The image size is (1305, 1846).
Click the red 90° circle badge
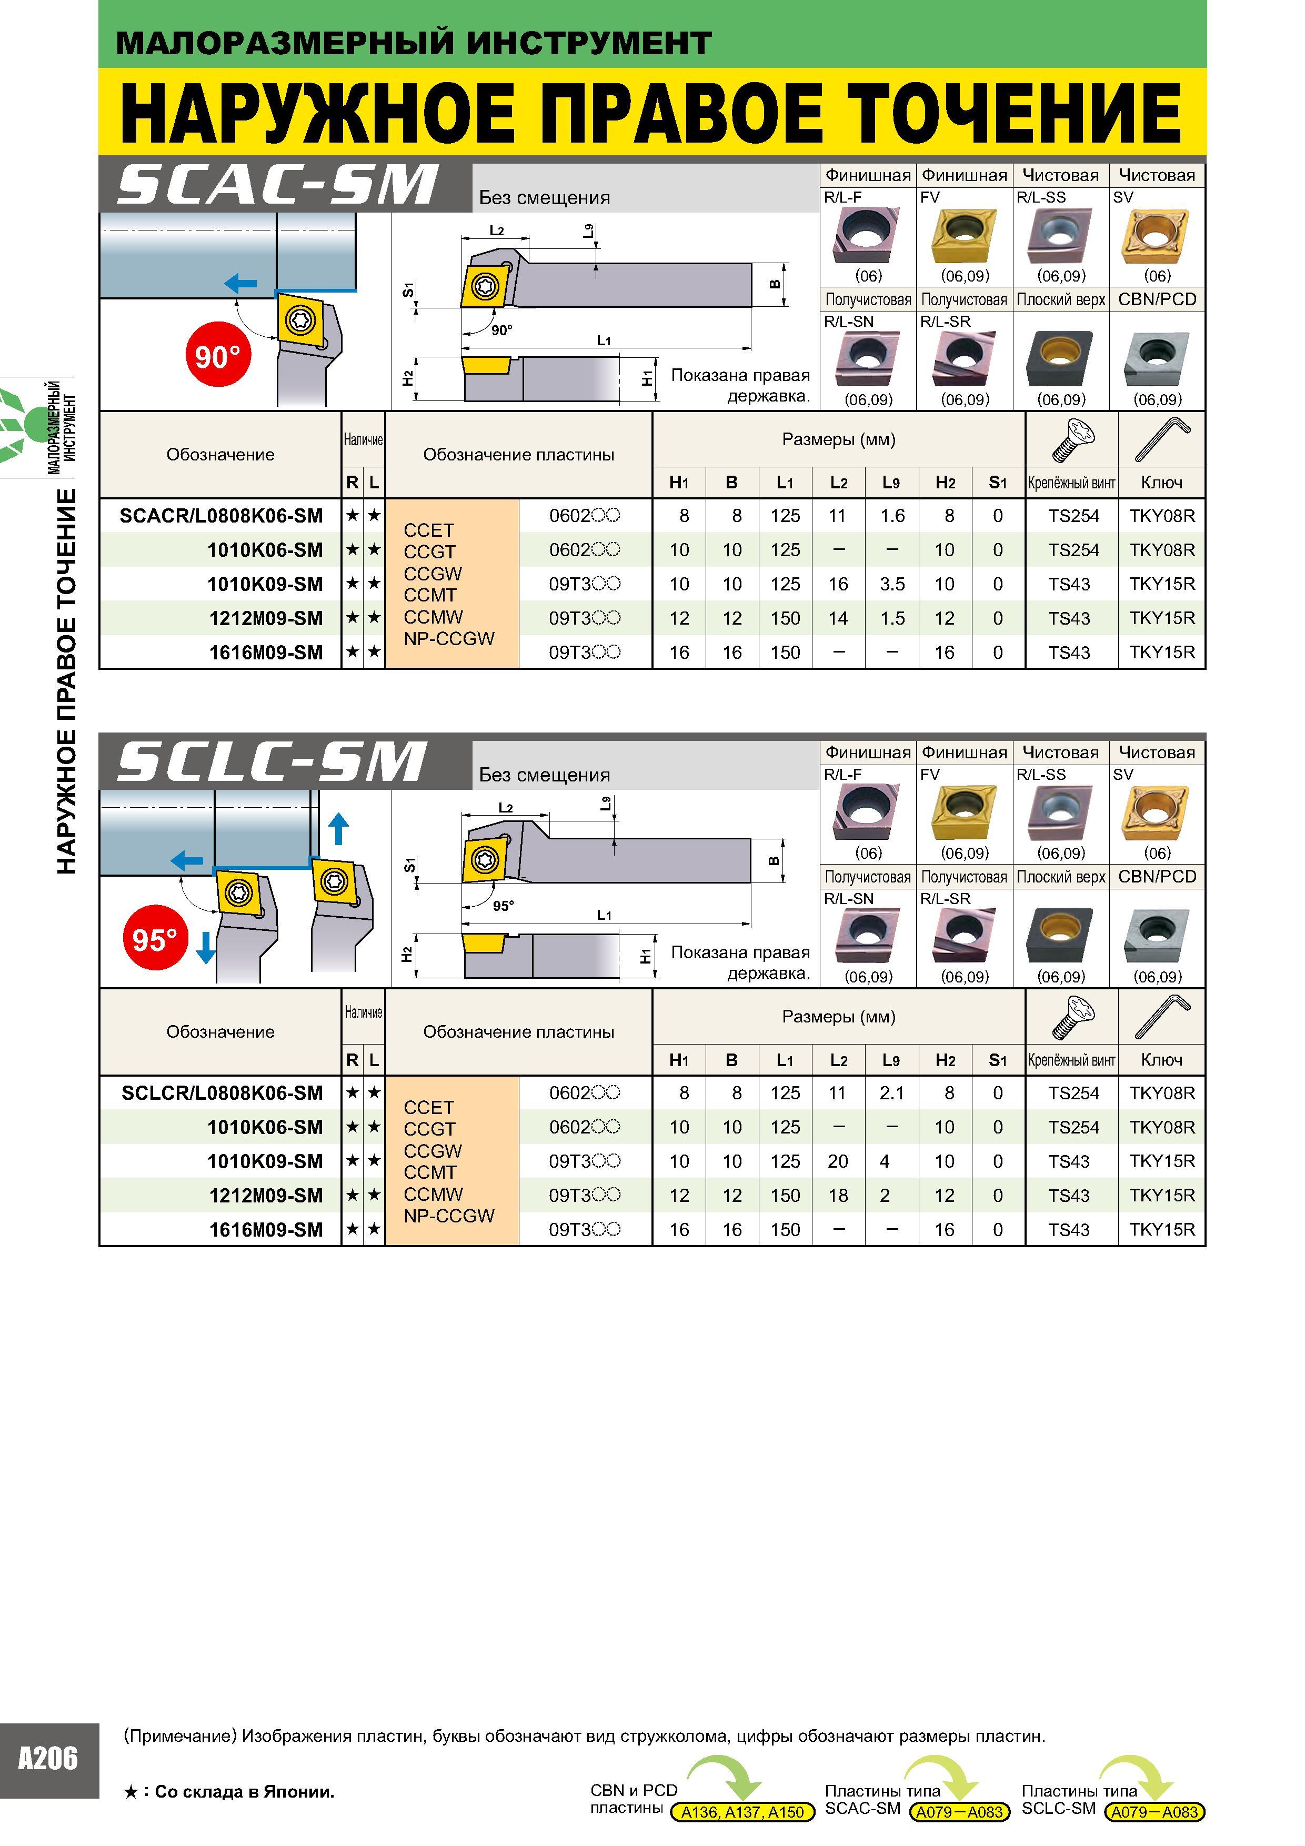click(218, 355)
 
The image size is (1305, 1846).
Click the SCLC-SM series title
click(272, 762)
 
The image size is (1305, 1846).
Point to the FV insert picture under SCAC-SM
click(964, 236)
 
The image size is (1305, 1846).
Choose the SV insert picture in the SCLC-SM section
click(1157, 814)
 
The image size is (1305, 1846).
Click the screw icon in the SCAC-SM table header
click(1072, 440)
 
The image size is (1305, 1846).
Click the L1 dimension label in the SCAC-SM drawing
click(604, 340)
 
